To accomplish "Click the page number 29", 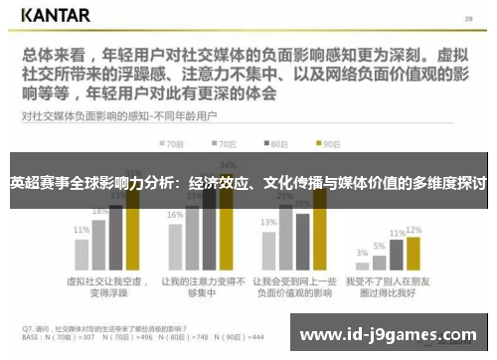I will pyautogui.click(x=468, y=17).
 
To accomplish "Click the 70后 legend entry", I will pyautogui.click(x=226, y=143).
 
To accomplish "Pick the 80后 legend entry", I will pyautogui.click(x=277, y=143).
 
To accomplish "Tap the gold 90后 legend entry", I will pyautogui.click(x=329, y=143).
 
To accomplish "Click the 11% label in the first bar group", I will pyautogui.click(x=82, y=230).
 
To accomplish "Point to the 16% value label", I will pyautogui.click(x=175, y=215).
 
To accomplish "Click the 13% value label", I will pyautogui.click(x=268, y=223).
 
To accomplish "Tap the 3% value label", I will pyautogui.click(x=362, y=253).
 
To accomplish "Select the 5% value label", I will pyautogui.click(x=379, y=246).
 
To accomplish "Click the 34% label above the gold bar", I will pyautogui.click(x=228, y=164).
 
